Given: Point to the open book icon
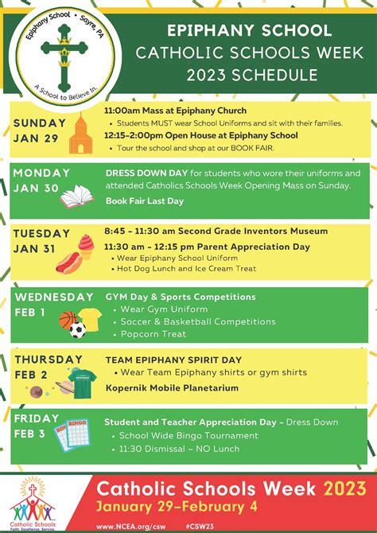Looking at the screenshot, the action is click(76, 196).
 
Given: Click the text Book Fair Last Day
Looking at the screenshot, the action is click(145, 201).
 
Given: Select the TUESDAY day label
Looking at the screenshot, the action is click(41, 233).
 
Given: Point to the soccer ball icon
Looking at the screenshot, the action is click(77, 330).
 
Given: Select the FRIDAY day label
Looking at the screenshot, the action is click(37, 418).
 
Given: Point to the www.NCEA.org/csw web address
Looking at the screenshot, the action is click(129, 526).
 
